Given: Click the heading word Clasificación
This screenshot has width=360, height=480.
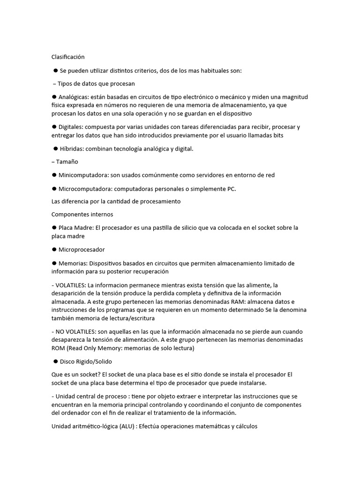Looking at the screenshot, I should [x=68, y=57].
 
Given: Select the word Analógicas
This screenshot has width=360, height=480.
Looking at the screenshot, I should [x=74, y=97].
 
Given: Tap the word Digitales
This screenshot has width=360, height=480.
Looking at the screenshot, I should [x=72, y=127].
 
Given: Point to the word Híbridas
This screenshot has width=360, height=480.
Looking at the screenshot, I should [x=72, y=149].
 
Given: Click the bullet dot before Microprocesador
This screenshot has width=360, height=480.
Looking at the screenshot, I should [x=54, y=249].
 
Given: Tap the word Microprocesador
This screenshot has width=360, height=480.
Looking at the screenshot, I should [x=82, y=249].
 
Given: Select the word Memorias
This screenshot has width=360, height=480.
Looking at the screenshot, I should [x=72, y=263].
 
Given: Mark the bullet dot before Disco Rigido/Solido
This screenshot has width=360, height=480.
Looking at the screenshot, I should [x=55, y=361].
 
